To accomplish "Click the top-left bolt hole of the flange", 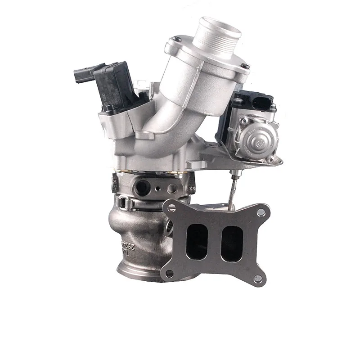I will coord(170,207).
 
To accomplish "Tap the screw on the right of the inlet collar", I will coord(246,68).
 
